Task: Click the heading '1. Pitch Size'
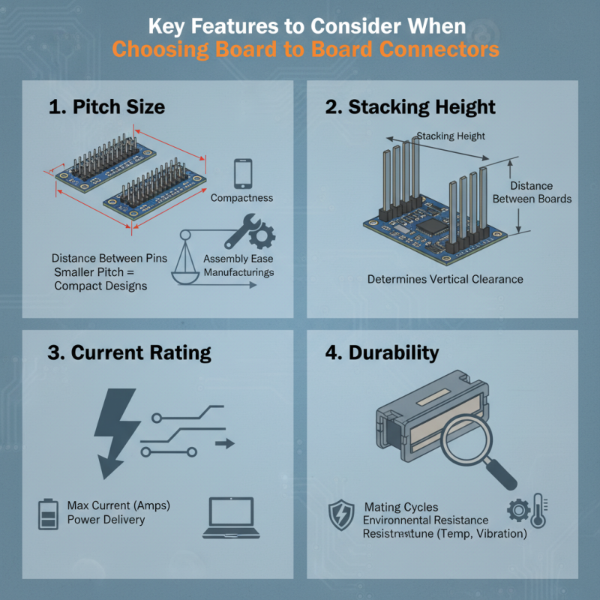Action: pos(106,106)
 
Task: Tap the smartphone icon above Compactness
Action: pos(242,173)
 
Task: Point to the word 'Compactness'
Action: pos(241,198)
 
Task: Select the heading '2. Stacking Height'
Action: pos(410,106)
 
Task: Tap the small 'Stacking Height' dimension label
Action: pos(450,136)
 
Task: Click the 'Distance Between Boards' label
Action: pos(532,192)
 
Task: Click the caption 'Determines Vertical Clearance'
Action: pos(445,279)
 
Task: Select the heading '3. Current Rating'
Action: pos(129,352)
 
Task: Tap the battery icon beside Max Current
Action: pos(48,514)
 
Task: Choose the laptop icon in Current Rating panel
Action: pos(229,517)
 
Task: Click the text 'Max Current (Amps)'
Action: pos(118,505)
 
